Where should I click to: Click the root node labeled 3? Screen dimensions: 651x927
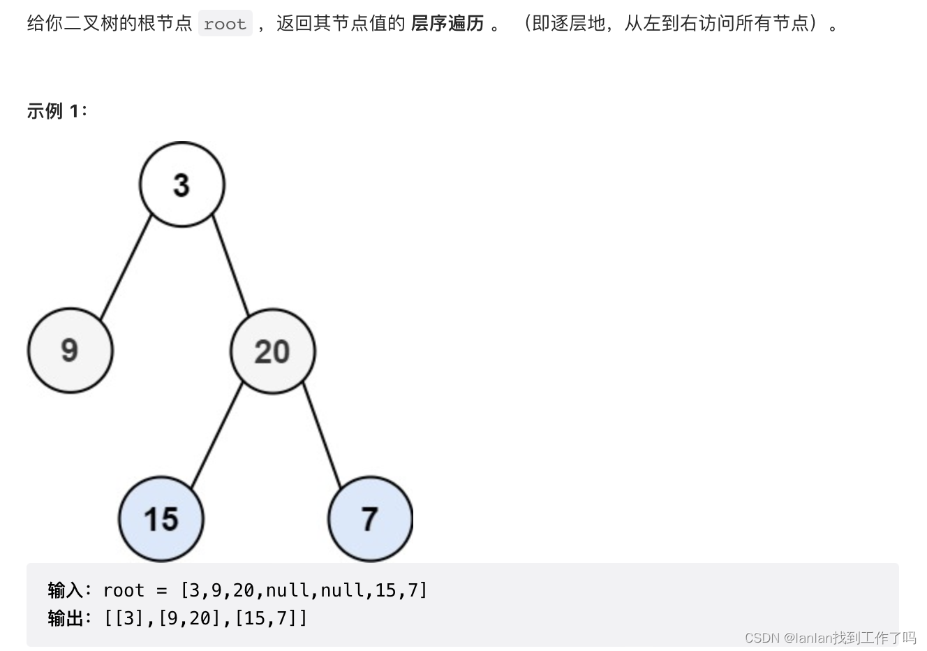(x=181, y=184)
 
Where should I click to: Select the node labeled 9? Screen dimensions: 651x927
(x=70, y=350)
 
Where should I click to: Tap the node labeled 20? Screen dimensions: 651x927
(x=272, y=351)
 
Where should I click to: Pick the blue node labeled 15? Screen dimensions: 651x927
(x=161, y=519)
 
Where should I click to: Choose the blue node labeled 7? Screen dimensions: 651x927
(x=370, y=519)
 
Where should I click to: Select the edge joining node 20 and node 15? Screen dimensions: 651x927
(x=216, y=434)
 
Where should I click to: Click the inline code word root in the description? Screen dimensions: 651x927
(x=225, y=24)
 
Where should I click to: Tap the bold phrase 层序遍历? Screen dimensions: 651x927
(x=447, y=24)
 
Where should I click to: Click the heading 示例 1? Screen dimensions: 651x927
(x=56, y=111)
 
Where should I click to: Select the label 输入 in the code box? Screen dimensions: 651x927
(x=66, y=590)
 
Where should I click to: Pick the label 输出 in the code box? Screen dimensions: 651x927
(x=66, y=618)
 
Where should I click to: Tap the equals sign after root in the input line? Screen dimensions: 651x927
(x=162, y=591)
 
